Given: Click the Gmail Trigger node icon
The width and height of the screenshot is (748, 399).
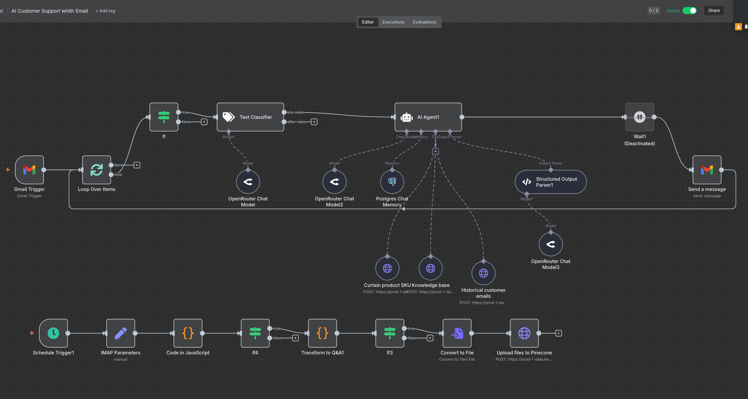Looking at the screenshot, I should [x=30, y=170].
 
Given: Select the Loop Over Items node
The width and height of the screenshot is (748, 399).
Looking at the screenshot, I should [x=97, y=170].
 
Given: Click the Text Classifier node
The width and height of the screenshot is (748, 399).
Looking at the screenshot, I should [x=250, y=117].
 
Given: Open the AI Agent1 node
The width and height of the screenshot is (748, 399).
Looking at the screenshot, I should [x=428, y=117].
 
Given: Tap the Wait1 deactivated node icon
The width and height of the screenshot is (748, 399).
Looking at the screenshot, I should [x=639, y=117].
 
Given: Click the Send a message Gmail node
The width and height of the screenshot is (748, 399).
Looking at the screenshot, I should [x=707, y=170].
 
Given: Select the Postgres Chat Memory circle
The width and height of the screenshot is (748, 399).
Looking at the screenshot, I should [x=392, y=182].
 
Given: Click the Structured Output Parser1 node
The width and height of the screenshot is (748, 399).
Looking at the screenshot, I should [x=550, y=182].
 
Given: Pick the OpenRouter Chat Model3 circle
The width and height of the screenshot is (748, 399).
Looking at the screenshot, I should [x=551, y=244].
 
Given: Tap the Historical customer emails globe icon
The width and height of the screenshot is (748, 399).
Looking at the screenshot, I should [x=484, y=273].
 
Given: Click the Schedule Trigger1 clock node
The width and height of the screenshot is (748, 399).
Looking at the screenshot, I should [x=53, y=333].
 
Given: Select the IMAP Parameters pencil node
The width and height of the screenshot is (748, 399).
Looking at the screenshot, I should [x=121, y=333].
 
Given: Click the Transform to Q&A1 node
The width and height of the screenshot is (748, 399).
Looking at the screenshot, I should [x=322, y=333].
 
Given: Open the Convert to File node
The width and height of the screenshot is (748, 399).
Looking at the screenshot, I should [x=457, y=333].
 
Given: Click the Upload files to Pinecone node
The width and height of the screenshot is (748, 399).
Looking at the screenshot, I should [x=524, y=333].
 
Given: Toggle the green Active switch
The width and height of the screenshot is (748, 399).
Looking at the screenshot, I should [x=689, y=11].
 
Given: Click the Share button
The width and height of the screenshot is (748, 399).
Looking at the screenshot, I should [x=714, y=11].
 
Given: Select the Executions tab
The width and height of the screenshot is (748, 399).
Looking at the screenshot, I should [x=393, y=22].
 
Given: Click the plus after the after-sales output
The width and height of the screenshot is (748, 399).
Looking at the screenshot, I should [x=314, y=122].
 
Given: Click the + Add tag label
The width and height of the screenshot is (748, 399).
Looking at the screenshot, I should [x=106, y=11].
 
